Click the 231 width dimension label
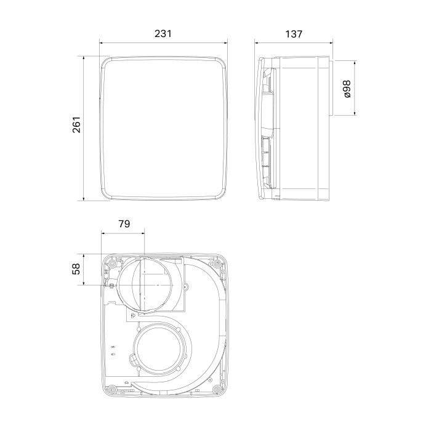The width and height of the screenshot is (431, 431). click(163, 33)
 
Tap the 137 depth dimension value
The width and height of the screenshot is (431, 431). click(294, 34)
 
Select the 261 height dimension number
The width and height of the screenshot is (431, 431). click(76, 125)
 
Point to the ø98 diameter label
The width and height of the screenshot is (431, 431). click(347, 89)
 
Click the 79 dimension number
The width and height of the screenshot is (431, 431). click(124, 224)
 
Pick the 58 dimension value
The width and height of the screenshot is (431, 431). click(76, 269)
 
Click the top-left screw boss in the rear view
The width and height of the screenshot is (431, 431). click(112, 264)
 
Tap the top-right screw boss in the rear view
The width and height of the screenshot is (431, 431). click(217, 264)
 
